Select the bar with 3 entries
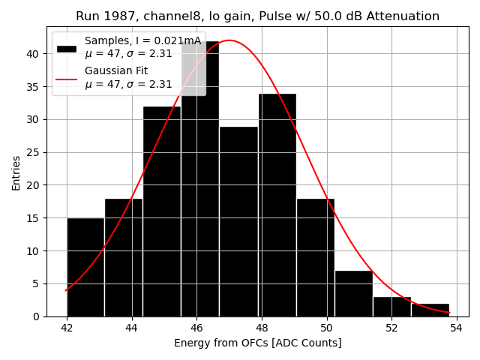391,307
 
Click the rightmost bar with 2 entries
430,310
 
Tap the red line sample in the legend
67,78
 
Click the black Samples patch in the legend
67,48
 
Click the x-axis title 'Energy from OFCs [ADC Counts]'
257,343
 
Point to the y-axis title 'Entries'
16,172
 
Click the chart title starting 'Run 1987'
257,16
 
